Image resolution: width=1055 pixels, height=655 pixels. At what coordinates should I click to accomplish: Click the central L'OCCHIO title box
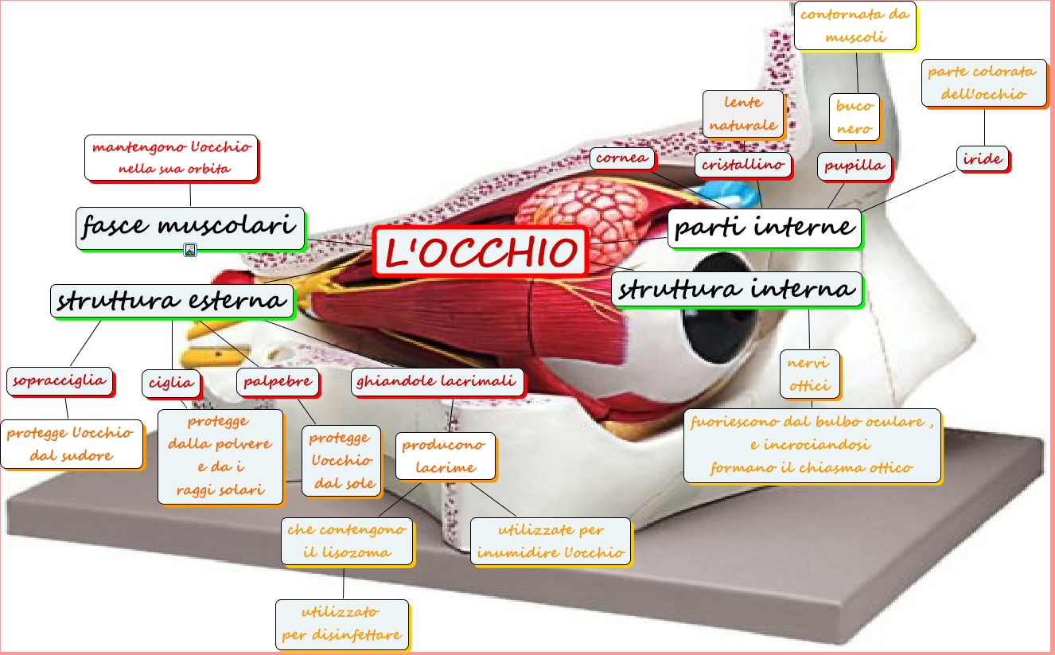(481, 251)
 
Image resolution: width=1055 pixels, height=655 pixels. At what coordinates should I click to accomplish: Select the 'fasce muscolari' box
(191, 228)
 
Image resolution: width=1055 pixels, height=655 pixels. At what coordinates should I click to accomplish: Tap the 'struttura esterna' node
(172, 301)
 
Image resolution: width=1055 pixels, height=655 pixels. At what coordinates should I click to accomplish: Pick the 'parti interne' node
(764, 228)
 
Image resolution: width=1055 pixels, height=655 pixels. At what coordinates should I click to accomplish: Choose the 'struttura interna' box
(737, 290)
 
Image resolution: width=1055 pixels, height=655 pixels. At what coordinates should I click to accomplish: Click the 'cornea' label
(621, 158)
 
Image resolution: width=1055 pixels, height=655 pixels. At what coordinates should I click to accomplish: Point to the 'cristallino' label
(743, 165)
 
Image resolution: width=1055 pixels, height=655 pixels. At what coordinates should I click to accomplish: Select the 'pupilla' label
(854, 166)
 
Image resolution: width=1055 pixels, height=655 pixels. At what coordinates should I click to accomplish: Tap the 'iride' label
(983, 159)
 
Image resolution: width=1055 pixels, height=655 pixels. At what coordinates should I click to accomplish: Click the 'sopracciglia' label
(60, 381)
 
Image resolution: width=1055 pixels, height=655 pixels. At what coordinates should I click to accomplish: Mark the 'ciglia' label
(171, 383)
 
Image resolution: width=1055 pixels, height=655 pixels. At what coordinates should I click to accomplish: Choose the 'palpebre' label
(278, 382)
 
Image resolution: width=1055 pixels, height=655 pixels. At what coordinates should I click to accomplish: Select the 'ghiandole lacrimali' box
(438, 382)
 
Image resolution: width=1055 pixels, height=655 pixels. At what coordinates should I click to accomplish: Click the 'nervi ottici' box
(809, 374)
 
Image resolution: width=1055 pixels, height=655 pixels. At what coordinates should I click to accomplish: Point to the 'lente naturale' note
(743, 114)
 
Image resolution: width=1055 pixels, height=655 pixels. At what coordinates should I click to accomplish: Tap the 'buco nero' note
(855, 117)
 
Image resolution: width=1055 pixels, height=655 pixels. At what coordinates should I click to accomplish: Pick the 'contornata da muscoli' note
(855, 25)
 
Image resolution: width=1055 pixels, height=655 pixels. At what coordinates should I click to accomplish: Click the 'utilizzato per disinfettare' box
(341, 624)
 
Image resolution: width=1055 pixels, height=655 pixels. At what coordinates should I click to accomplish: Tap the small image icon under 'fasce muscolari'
(190, 250)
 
